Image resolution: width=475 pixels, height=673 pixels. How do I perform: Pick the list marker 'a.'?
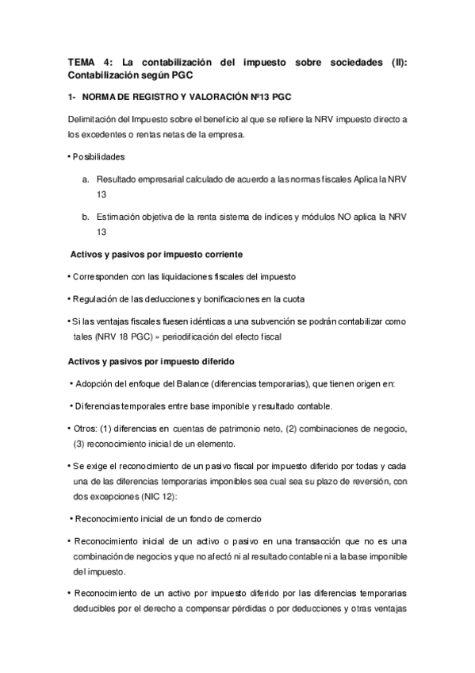pyautogui.click(x=86, y=179)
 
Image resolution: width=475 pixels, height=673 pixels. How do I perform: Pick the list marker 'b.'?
pyautogui.click(x=86, y=216)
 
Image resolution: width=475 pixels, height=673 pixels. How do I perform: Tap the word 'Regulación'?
pyautogui.click(x=96, y=298)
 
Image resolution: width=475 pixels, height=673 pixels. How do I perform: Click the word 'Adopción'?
pyautogui.click(x=95, y=384)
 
